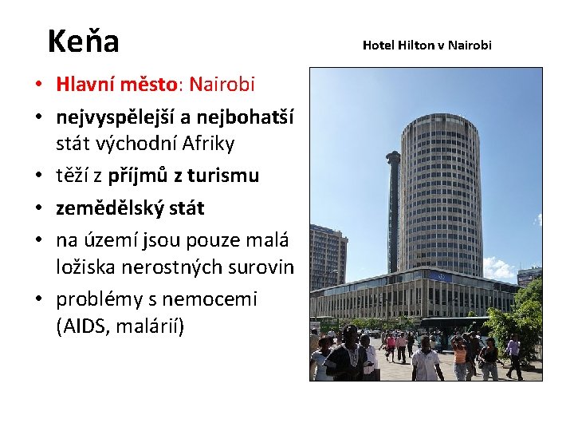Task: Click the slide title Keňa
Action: pyautogui.click(x=83, y=41)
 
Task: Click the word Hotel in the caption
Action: pyautogui.click(x=379, y=45)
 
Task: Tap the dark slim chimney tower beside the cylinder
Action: pyautogui.click(x=393, y=208)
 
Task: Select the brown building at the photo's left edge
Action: pyautogui.click(x=327, y=255)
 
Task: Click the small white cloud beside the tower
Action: pyautogui.click(x=498, y=267)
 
